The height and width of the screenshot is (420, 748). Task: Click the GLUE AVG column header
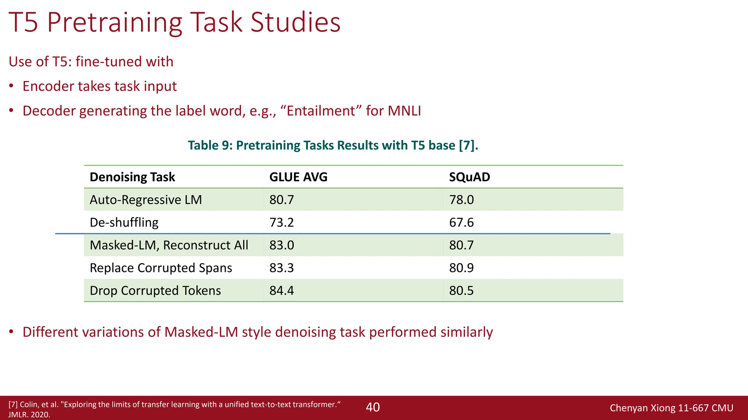(x=298, y=177)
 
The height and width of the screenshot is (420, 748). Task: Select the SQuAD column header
(x=469, y=177)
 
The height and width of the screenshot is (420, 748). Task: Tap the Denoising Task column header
(x=132, y=177)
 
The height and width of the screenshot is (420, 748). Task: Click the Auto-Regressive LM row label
(x=146, y=200)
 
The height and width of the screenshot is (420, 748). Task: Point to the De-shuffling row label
(x=124, y=222)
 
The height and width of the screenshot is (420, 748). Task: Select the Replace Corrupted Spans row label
(x=161, y=268)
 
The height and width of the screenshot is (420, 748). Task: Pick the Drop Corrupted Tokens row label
(x=155, y=291)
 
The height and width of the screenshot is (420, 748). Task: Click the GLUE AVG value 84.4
(x=282, y=291)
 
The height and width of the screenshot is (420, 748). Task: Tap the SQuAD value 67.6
(x=461, y=222)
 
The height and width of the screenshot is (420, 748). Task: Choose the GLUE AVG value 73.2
(x=282, y=222)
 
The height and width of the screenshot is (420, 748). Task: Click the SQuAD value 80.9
(x=461, y=268)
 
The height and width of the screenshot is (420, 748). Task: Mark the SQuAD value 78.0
(x=461, y=200)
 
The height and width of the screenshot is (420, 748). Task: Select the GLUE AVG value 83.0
(x=282, y=245)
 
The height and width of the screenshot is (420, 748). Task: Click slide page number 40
(x=373, y=407)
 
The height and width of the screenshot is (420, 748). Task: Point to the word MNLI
(x=404, y=111)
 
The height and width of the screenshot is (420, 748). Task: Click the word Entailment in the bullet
(x=321, y=111)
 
